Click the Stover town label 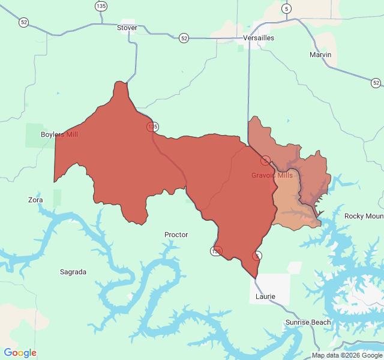pyautogui.click(x=127, y=28)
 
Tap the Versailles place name pyautogui.click(x=259, y=38)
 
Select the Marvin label pyautogui.click(x=320, y=55)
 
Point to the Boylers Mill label pyautogui.click(x=59, y=134)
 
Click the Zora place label pyautogui.click(x=35, y=200)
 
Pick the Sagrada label pyautogui.click(x=73, y=272)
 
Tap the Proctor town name pyautogui.click(x=176, y=235)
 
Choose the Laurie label pyautogui.click(x=265, y=296)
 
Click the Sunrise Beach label pyautogui.click(x=308, y=322)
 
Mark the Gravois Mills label pyautogui.click(x=272, y=175)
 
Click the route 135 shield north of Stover pyautogui.click(x=101, y=6)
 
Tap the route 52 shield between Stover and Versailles pyautogui.click(x=184, y=38)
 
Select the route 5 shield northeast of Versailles pyautogui.click(x=287, y=8)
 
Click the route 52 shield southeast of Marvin pyautogui.click(x=376, y=82)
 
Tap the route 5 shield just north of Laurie pyautogui.click(x=257, y=256)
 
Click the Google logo pyautogui.click(x=20, y=353)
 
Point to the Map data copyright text pyautogui.click(x=346, y=355)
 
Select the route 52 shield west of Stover pyautogui.click(x=23, y=22)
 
